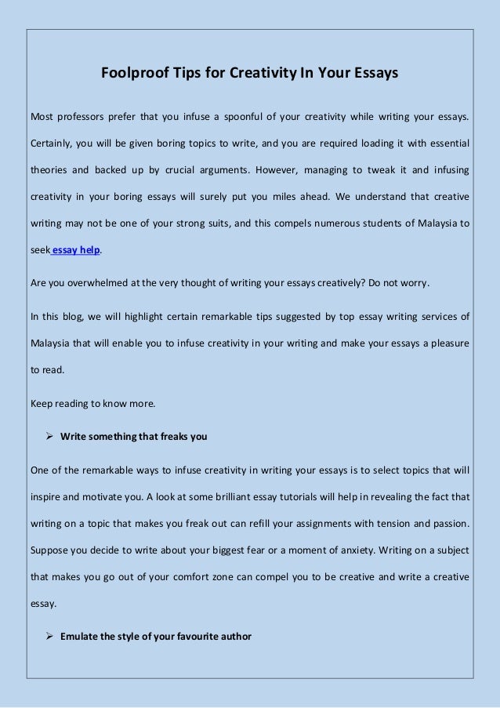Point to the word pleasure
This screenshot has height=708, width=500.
(x=445, y=343)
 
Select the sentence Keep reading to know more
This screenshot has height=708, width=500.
(x=92, y=404)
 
